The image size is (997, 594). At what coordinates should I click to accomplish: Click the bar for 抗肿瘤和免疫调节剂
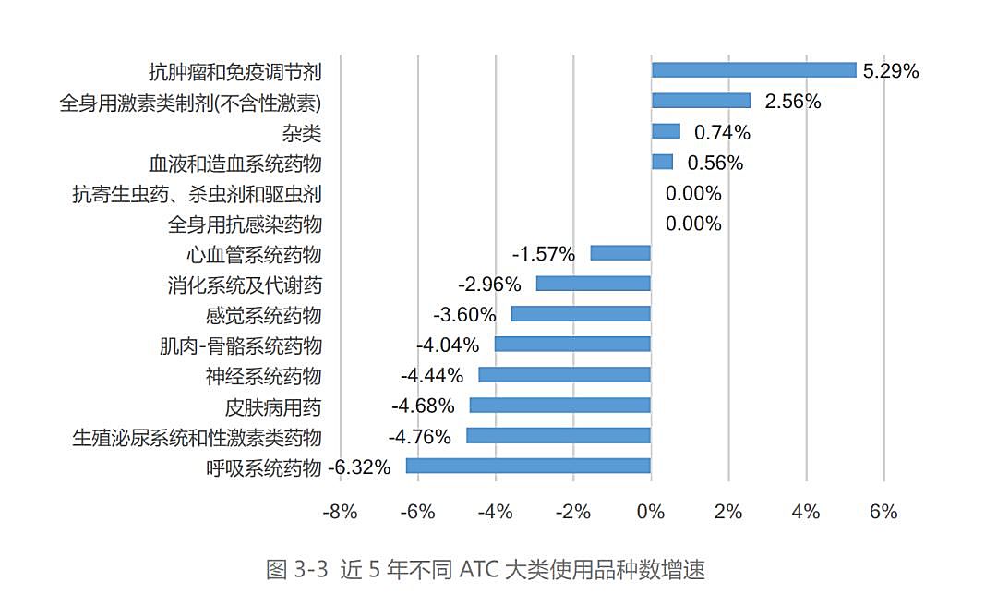click(x=753, y=70)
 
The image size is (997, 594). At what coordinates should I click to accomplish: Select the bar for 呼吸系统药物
click(x=528, y=466)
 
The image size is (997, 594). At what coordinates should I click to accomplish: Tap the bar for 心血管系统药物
click(x=620, y=253)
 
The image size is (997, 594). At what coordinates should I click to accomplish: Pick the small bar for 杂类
click(x=666, y=131)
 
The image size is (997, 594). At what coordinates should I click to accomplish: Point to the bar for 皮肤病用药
click(x=560, y=406)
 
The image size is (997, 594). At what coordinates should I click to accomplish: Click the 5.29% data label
click(x=891, y=71)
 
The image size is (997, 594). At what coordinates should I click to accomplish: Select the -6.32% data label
click(x=360, y=467)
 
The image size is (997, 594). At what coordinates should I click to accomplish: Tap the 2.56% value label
click(x=793, y=102)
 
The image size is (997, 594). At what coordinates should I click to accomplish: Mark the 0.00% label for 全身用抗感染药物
click(x=693, y=224)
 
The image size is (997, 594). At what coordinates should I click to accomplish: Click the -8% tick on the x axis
click(x=340, y=512)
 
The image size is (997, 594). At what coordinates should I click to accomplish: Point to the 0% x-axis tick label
click(x=651, y=512)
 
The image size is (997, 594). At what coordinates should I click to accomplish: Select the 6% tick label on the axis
click(x=883, y=512)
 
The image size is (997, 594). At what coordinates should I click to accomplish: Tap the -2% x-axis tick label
click(x=572, y=512)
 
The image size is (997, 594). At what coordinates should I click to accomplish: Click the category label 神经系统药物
click(x=263, y=376)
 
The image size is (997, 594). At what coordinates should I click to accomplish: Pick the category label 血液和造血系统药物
click(x=234, y=164)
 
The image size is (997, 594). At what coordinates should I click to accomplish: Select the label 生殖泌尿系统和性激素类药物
click(x=197, y=437)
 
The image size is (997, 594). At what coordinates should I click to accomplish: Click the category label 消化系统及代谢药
click(x=245, y=285)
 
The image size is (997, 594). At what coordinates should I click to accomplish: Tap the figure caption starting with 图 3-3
click(x=485, y=569)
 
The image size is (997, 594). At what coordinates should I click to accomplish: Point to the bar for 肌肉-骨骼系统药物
click(x=572, y=345)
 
